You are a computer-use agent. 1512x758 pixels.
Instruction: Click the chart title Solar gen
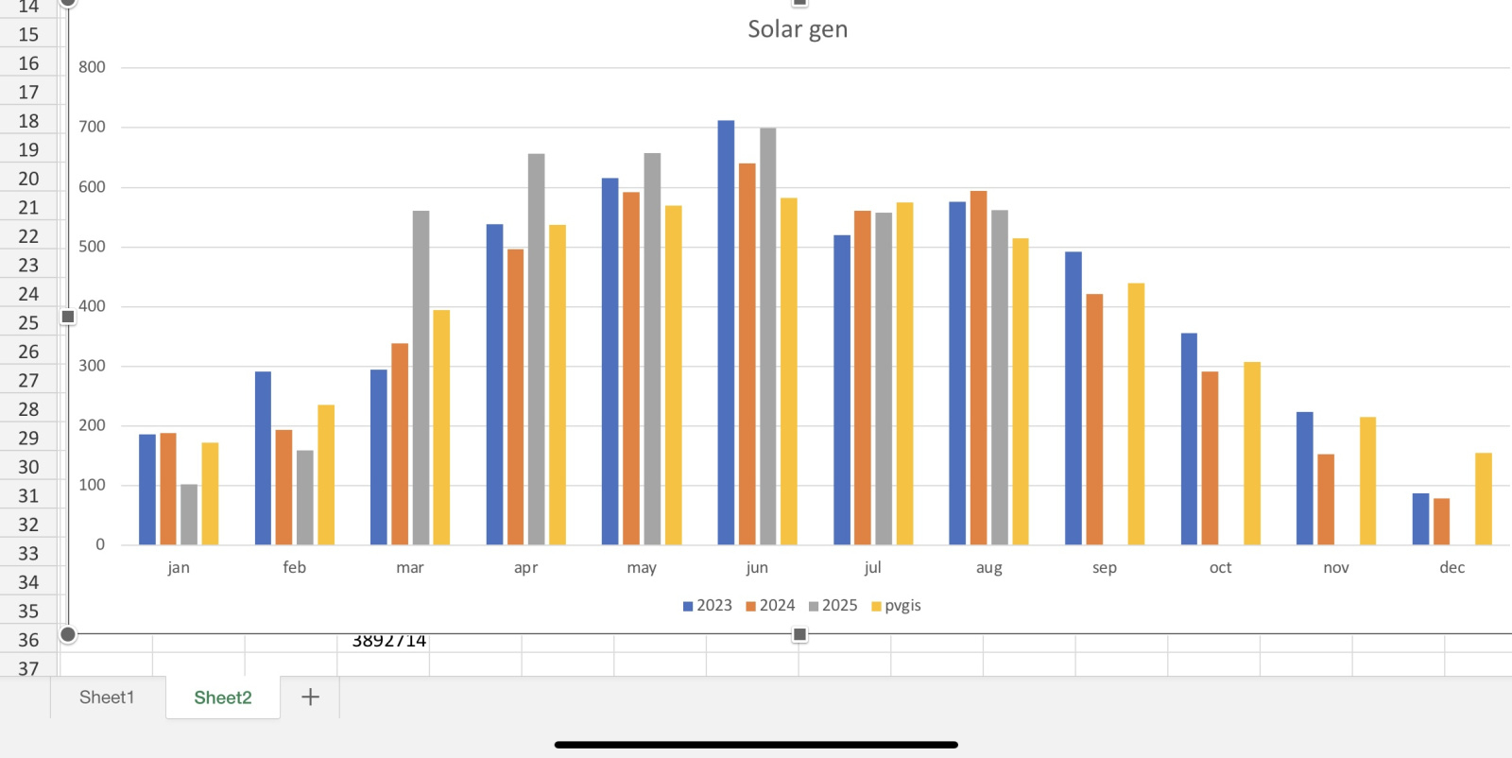798,29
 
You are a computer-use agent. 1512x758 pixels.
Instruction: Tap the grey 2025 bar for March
421,378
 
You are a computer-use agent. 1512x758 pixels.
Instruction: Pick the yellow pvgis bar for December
1484,499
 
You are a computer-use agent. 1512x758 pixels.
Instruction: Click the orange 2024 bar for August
978,368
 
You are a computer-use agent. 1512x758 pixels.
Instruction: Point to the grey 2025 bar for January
189,515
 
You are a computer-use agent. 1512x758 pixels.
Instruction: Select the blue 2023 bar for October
1189,439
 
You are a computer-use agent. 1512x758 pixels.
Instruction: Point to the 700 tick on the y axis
93,127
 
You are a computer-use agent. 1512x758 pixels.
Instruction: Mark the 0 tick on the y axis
100,544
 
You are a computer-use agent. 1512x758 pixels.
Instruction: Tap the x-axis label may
642,568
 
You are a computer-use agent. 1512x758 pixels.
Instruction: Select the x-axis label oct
1220,568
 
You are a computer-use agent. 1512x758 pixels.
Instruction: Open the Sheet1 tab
107,698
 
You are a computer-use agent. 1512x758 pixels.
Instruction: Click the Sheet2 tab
223,698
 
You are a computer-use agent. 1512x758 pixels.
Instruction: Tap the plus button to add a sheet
310,698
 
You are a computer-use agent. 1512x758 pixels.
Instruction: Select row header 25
28,323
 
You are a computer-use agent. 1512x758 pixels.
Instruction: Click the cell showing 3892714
388,642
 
